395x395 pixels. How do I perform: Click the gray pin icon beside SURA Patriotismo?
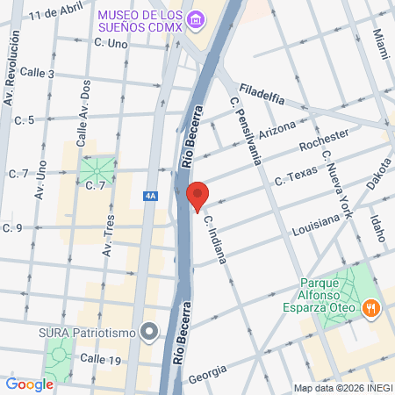pos(149,332)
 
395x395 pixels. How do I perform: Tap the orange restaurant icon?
pos(372,308)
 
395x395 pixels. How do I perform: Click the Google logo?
pos(29,384)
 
